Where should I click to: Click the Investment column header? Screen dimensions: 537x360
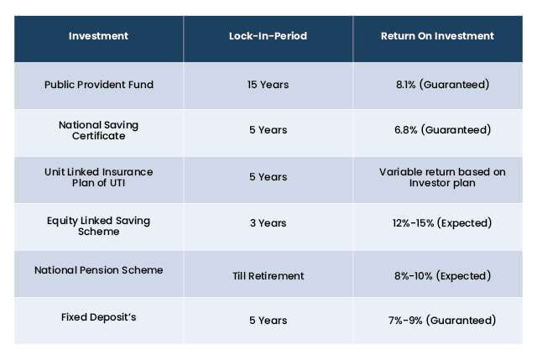pyautogui.click(x=98, y=36)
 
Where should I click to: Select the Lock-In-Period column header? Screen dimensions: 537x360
pyautogui.click(x=268, y=36)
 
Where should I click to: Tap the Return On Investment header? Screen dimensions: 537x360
pyautogui.click(x=437, y=36)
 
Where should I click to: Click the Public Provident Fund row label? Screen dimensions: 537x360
pyautogui.click(x=99, y=85)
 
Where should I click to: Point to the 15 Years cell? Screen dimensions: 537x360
pyautogui.click(x=268, y=85)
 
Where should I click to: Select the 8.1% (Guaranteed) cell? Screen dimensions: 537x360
pyautogui.click(x=442, y=85)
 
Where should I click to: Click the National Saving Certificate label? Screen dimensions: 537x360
pyautogui.click(x=99, y=130)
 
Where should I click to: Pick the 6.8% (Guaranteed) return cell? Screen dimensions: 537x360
pyautogui.click(x=442, y=130)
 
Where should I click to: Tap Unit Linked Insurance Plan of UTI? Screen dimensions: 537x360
pyautogui.click(x=99, y=177)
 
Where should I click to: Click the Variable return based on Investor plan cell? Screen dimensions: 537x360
pyautogui.click(x=442, y=177)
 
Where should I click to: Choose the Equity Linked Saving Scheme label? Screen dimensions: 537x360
pyautogui.click(x=99, y=226)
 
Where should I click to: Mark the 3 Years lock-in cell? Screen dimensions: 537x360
pyautogui.click(x=268, y=223)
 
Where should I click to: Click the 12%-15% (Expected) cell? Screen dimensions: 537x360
pyautogui.click(x=442, y=223)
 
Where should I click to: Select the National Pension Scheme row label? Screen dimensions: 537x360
pyautogui.click(x=99, y=270)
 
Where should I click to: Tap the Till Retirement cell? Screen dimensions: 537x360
pyautogui.click(x=268, y=276)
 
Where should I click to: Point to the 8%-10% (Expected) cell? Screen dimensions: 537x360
pyautogui.click(x=442, y=276)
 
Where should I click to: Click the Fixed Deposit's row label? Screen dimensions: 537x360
pyautogui.click(x=99, y=317)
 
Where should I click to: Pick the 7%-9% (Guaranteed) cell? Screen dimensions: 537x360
pyautogui.click(x=442, y=321)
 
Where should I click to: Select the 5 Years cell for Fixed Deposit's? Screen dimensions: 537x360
pyautogui.click(x=268, y=321)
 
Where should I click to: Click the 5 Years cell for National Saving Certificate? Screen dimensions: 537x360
pyautogui.click(x=268, y=130)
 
